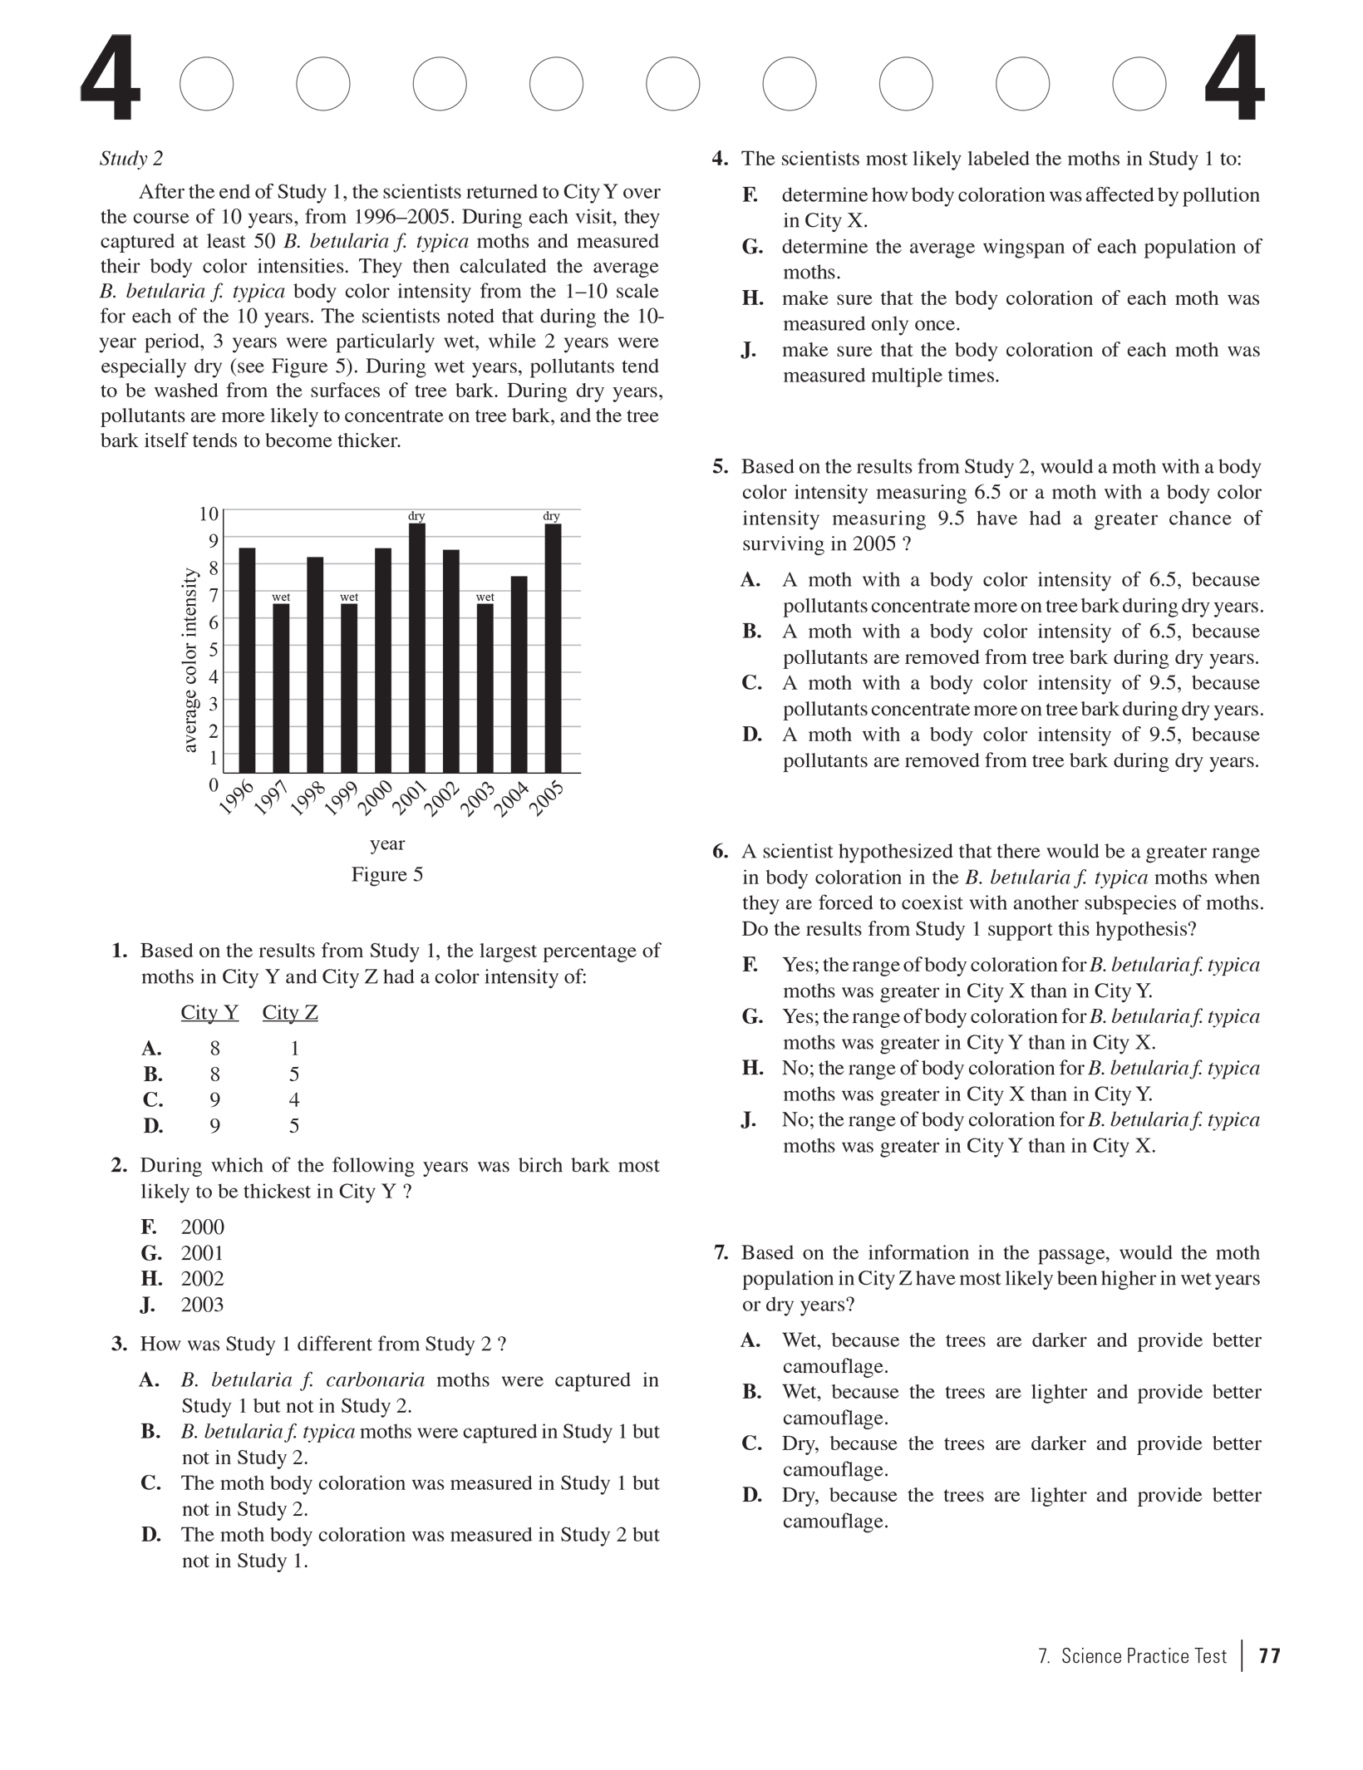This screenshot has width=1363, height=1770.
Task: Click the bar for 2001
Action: click(416, 648)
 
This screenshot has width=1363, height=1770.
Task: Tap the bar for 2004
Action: click(519, 674)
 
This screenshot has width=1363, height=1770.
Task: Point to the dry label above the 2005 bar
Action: click(551, 516)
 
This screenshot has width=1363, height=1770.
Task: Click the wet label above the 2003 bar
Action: click(485, 597)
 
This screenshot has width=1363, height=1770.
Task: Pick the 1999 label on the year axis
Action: click(340, 799)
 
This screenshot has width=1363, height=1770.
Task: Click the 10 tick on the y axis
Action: click(209, 514)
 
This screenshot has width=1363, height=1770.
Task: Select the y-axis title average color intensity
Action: click(189, 661)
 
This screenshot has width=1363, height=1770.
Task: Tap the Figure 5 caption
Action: click(386, 874)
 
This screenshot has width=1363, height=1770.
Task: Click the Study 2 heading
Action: click(131, 159)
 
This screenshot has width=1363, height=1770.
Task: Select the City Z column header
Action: click(290, 1012)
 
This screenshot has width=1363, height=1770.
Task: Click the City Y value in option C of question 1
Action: click(214, 1099)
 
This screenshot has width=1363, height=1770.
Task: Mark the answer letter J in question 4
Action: click(749, 350)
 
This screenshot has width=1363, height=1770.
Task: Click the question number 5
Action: click(720, 467)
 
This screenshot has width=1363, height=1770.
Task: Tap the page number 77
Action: click(1269, 1656)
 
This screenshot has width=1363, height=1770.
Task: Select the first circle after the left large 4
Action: click(206, 84)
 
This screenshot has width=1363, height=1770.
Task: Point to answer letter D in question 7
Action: click(751, 1495)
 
